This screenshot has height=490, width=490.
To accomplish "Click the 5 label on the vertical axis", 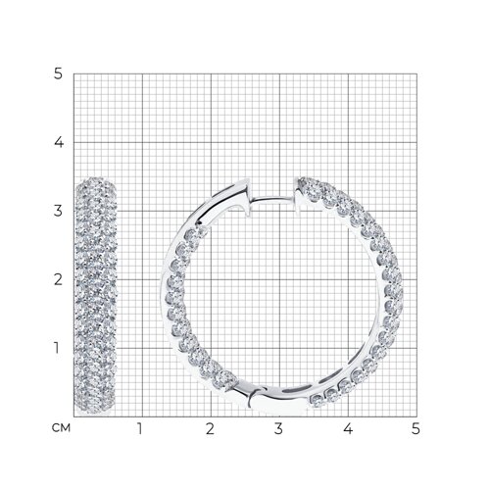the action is (58, 73).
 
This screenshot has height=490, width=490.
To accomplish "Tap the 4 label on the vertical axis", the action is (59, 142).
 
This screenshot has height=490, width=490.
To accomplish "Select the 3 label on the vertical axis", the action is (58, 211).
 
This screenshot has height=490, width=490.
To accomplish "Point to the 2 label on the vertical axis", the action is (58, 279).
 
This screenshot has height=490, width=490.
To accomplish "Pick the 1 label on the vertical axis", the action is (57, 348).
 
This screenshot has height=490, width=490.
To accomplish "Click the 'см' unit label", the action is (61, 427).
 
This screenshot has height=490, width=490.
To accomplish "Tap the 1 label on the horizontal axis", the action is (140, 428).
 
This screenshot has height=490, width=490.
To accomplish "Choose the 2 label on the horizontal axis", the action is (210, 428).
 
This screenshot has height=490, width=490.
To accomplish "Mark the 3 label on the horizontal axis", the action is (278, 428).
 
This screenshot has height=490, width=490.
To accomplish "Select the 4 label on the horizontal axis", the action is (348, 428).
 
